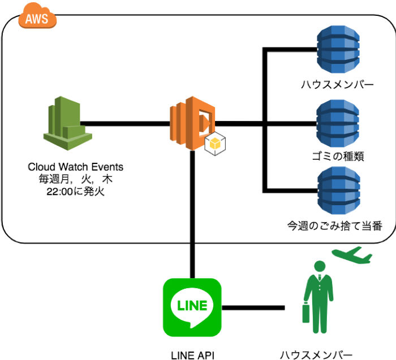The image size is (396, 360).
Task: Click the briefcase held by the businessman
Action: pos(306,314)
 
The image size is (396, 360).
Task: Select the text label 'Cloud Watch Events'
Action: pos(75,167)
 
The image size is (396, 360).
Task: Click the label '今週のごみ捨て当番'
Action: pos(335,227)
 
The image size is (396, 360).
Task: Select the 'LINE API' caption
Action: pos(192,354)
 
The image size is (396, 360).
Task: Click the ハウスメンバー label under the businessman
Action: pos(316,354)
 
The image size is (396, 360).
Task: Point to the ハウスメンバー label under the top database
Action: pos(338,85)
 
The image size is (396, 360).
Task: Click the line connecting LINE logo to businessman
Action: pos(252,308)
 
